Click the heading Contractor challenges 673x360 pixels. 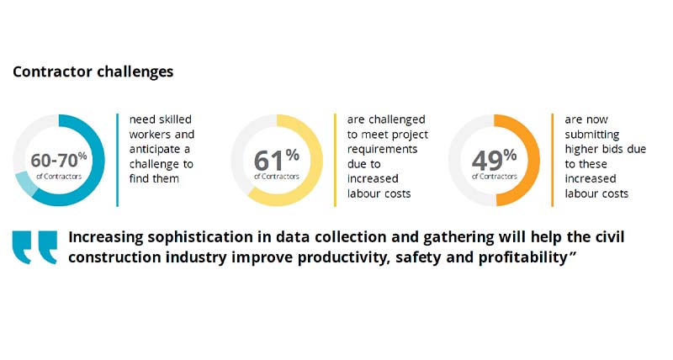(93, 71)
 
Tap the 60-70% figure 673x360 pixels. (58, 160)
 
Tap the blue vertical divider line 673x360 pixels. (117, 160)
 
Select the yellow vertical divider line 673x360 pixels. (335, 160)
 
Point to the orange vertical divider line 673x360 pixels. (553, 160)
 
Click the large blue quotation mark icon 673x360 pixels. (34, 246)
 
